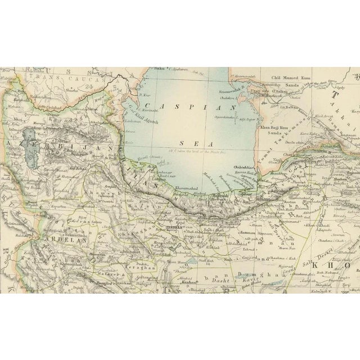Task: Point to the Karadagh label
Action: [x=62, y=105]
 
